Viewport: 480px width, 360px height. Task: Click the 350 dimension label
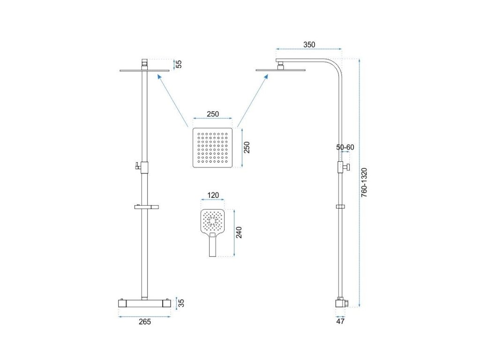tap(309, 45)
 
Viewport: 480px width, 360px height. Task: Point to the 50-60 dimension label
tap(345, 147)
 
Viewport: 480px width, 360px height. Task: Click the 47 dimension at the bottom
tap(340, 322)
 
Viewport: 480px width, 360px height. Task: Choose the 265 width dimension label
tap(145, 322)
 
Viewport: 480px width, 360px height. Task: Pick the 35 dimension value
tap(181, 303)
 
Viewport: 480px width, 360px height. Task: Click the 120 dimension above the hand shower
tap(213, 195)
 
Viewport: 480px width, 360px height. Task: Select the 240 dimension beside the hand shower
tap(239, 232)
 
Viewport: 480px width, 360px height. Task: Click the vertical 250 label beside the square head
tap(247, 147)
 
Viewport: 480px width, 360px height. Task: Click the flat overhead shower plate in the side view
tap(280, 70)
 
